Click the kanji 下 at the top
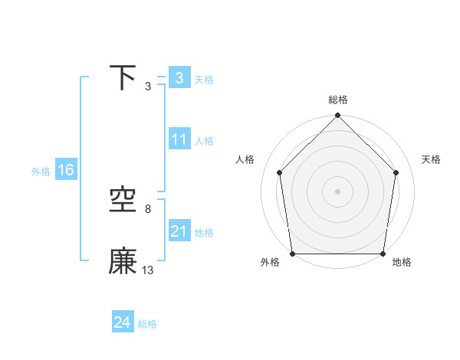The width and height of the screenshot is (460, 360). (123, 77)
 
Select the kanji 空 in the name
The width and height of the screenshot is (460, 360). (123, 200)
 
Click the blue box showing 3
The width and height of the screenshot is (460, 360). (179, 78)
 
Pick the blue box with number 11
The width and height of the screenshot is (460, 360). (179, 139)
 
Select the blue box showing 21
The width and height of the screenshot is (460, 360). (179, 231)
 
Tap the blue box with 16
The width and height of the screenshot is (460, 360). (66, 170)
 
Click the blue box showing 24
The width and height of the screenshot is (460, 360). (122, 323)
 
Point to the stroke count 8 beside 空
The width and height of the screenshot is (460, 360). (148, 209)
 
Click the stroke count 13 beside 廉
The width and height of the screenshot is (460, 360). (148, 270)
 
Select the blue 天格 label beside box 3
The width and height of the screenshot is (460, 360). (204, 80)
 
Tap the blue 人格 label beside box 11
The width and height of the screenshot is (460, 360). (204, 141)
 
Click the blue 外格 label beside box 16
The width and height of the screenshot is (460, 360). (41, 172)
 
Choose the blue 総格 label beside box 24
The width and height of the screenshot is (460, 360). (147, 325)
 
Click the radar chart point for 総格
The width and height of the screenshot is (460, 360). (337, 116)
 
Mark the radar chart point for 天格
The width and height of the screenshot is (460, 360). (396, 172)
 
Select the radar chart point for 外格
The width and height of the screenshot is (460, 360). (293, 254)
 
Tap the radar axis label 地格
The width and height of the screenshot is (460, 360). (402, 263)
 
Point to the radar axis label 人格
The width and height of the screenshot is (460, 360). (245, 159)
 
